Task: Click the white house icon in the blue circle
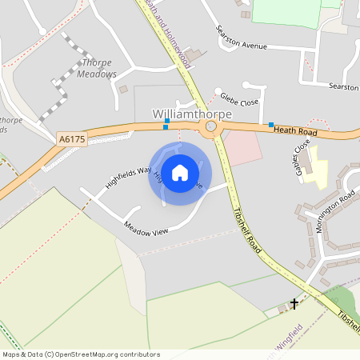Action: [x=180, y=172]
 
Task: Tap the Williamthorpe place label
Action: [x=192, y=114]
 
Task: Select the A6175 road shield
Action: [x=71, y=139]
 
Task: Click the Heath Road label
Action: [x=296, y=130]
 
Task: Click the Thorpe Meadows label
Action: [x=97, y=68]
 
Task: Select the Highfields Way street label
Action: [x=128, y=177]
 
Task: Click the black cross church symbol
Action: [x=294, y=304]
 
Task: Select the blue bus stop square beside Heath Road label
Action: [x=271, y=125]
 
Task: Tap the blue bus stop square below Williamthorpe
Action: [x=166, y=126]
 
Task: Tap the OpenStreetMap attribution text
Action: [x=81, y=354]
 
